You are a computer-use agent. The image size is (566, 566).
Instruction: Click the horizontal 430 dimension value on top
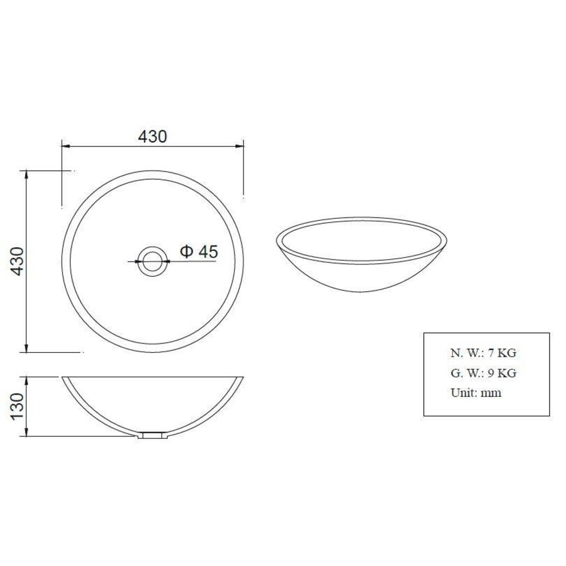click(x=152, y=136)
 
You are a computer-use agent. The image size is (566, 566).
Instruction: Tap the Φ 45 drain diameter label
click(x=199, y=252)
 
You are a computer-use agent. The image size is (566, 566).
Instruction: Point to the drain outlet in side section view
click(x=153, y=435)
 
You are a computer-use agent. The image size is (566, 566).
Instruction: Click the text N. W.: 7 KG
click(x=483, y=353)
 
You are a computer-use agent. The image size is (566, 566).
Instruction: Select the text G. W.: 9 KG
click(x=483, y=373)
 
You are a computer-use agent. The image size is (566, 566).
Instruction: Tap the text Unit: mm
click(x=475, y=393)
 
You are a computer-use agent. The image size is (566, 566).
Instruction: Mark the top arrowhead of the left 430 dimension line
click(x=26, y=174)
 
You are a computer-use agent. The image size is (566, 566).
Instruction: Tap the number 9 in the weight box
click(x=491, y=373)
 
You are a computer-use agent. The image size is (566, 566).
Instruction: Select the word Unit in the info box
click(x=462, y=393)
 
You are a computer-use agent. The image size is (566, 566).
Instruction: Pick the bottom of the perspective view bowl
click(x=361, y=291)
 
